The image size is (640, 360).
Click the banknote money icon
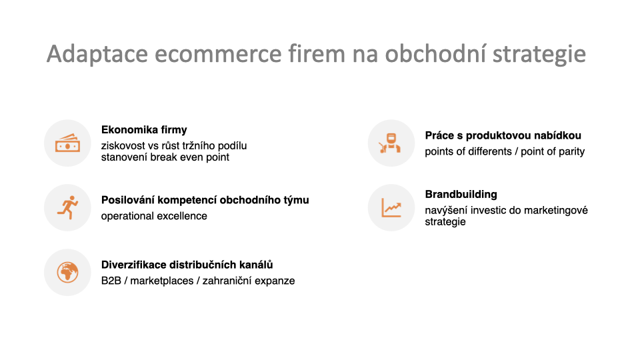click(x=67, y=143)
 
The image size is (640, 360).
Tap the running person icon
click(x=68, y=207)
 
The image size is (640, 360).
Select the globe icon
click(x=67, y=272)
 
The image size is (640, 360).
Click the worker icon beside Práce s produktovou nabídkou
click(x=391, y=143)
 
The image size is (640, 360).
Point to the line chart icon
click(x=391, y=207)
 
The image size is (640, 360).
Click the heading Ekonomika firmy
click(x=144, y=130)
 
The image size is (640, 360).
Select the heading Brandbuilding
click(x=461, y=194)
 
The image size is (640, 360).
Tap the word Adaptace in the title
click(x=97, y=54)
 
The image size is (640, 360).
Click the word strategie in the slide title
click(x=539, y=54)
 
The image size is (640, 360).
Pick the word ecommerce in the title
click(x=218, y=54)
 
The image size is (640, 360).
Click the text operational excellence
click(x=154, y=216)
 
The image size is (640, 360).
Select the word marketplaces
click(x=161, y=281)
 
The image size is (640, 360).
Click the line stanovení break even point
click(x=165, y=157)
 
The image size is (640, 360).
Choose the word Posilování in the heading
click(x=128, y=200)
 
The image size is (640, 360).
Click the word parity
click(x=571, y=152)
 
